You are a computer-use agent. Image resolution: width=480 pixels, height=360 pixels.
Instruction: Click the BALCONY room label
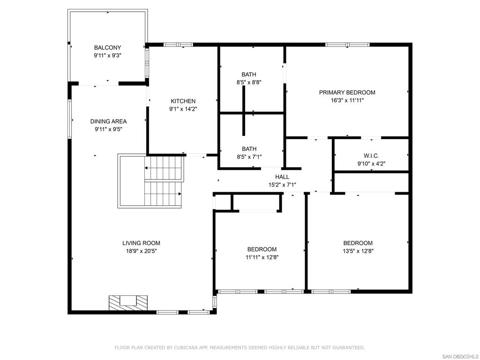point(107,47)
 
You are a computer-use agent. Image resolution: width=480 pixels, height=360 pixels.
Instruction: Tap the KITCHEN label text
point(183,101)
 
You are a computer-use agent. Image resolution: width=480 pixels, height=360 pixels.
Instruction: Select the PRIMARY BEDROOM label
point(347,92)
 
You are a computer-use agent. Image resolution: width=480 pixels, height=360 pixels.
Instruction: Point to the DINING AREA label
point(108,121)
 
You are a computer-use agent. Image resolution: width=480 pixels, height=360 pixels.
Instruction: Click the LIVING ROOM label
point(141,243)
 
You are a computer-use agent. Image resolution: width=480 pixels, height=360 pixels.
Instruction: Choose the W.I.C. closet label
point(371,156)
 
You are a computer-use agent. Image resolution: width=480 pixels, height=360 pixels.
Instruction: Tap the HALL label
point(282,177)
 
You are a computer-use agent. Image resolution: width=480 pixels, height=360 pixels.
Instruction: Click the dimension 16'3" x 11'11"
point(347,100)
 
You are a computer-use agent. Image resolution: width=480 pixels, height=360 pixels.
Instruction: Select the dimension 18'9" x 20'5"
point(141,251)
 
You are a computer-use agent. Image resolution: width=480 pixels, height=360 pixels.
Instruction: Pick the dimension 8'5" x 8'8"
point(249,82)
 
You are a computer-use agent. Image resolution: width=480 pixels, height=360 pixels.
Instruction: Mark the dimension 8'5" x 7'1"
point(249,157)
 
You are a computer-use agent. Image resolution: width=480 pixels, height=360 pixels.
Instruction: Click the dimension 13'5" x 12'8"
point(358,251)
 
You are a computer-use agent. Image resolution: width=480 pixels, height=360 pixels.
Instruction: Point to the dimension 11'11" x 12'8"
point(262,257)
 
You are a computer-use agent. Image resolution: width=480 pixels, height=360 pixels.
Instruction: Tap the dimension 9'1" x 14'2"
point(183,109)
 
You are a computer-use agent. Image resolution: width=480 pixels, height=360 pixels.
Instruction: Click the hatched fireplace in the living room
point(128,303)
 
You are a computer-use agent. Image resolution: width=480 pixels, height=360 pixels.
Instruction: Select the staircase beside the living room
point(151,181)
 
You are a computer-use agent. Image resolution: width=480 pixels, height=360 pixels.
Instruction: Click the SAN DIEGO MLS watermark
point(460,356)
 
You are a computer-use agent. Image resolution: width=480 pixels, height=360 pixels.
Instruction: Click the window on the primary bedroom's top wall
point(347,45)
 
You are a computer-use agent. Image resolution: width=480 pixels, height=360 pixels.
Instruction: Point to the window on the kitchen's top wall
point(178,45)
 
